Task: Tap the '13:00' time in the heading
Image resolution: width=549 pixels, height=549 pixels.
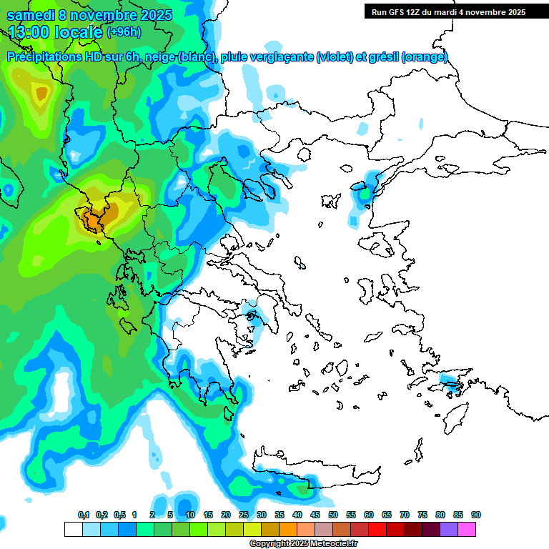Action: pos(29,31)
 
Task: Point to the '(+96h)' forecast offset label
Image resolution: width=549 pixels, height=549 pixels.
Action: pos(124,31)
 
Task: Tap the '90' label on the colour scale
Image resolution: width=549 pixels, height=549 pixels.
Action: pos(475,515)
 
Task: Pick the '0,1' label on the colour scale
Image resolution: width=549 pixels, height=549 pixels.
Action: pos(84,515)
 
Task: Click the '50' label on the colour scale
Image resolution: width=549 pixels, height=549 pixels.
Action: pos(333,515)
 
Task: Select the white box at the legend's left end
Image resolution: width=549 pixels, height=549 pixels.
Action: pos(74,529)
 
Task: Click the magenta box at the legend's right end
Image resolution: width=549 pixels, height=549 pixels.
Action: pos(467,529)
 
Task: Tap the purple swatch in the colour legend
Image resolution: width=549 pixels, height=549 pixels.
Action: pos(449,529)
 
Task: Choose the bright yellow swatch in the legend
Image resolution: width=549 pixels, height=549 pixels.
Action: pos(252,529)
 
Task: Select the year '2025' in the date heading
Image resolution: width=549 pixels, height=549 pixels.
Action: pos(151,14)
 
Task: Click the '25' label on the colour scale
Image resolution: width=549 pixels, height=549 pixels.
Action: pos(244,515)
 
